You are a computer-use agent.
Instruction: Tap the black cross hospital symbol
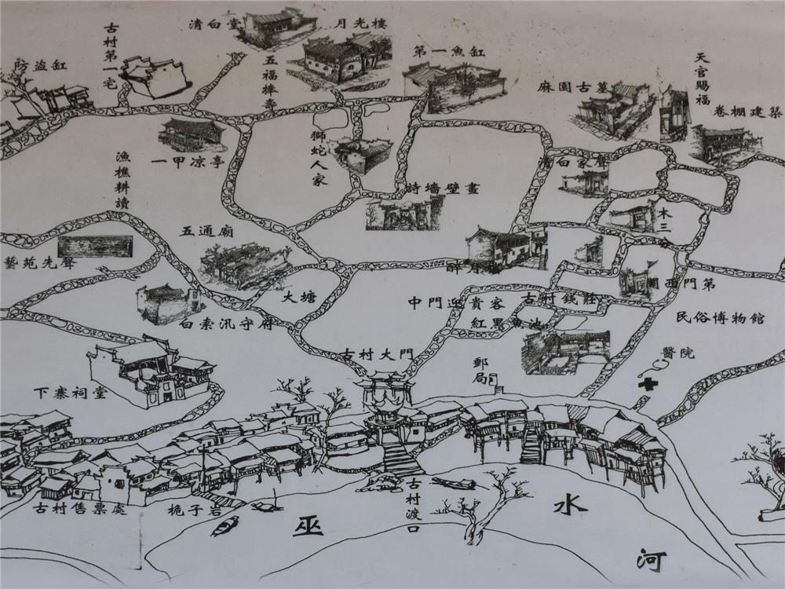[648, 385]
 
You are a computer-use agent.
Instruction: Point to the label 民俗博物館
[720, 319]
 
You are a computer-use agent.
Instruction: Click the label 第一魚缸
[449, 52]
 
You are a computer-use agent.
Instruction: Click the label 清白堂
[214, 24]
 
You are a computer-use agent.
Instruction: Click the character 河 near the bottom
[652, 560]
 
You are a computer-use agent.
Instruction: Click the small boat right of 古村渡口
[454, 483]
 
